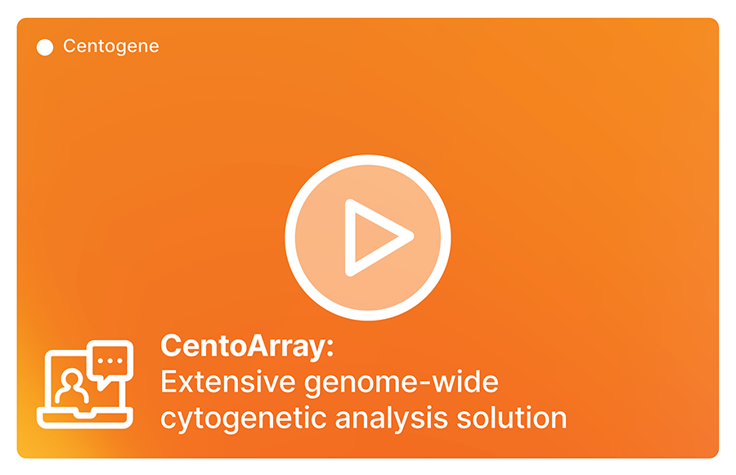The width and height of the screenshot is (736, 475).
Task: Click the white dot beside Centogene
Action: pos(45,47)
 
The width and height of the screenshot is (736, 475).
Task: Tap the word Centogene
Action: pos(111,47)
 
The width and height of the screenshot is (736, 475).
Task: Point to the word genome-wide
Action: pos(402,383)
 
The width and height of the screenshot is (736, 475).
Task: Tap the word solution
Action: pos(512,418)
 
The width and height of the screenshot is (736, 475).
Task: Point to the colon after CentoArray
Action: pos(330,348)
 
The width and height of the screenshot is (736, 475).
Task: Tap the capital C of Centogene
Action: pos(70,46)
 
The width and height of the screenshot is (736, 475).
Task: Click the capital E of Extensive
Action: pos(168,382)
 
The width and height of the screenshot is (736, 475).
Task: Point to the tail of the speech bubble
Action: pos(102,385)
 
